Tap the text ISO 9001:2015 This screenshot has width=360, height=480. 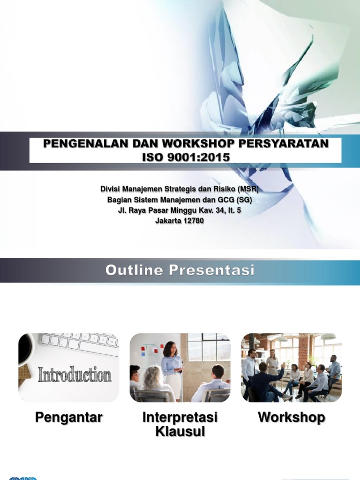pos(186,157)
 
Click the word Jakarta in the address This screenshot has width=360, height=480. pos(169,221)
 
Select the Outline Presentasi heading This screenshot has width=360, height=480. pos(180,270)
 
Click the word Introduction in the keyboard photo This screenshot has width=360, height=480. pos(75,375)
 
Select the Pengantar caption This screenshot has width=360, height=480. pos(68,418)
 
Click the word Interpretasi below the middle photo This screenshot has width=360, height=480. pos(180,418)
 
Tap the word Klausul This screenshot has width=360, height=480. pos(180,431)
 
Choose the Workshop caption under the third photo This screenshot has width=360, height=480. pos(291,418)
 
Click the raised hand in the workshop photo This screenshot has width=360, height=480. pos(283,365)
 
